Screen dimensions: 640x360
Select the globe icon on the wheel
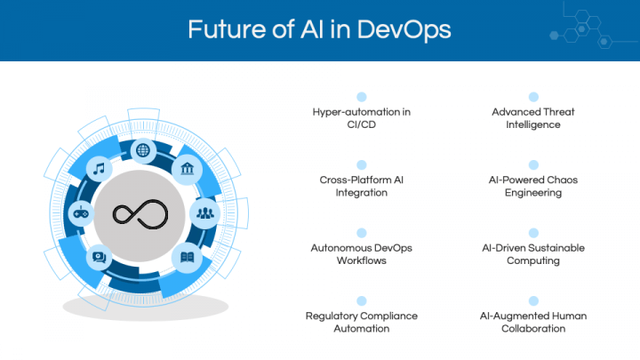coord(143,150)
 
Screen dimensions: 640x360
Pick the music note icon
coord(100,169)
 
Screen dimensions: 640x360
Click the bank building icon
coord(187,168)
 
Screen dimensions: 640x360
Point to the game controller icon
coord(81,212)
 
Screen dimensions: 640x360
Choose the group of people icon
coord(205,212)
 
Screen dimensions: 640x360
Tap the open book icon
coord(187,257)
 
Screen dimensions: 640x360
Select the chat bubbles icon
coord(100,257)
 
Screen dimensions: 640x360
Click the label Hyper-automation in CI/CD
coord(362,118)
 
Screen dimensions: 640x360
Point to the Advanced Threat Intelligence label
coord(533,118)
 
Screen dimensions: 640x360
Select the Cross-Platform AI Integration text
coord(362,186)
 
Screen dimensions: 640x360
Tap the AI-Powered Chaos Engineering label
coord(533,186)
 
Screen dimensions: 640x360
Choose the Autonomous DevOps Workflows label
coord(362,254)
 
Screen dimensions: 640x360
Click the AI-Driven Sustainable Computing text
coord(533,254)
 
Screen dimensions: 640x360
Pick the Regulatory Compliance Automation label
coord(362,322)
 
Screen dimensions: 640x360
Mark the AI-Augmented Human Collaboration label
coord(533,322)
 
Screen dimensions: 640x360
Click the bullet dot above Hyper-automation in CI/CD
coord(362,97)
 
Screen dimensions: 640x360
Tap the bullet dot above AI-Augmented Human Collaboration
coord(533,300)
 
